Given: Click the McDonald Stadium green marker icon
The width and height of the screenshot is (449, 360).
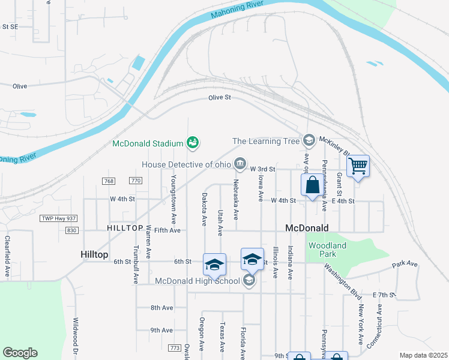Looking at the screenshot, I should click(x=193, y=143).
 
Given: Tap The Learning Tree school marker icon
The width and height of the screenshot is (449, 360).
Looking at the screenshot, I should click(x=309, y=140).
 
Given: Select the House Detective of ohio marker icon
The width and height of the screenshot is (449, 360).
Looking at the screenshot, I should click(x=240, y=163).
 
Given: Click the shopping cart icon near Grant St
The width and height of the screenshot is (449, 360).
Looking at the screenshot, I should click(x=358, y=165).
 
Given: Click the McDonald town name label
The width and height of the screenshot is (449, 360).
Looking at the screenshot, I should click(x=307, y=228).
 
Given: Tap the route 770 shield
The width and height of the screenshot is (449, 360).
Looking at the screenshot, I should click(x=136, y=181).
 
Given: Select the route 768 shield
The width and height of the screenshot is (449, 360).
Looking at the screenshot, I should click(x=109, y=181).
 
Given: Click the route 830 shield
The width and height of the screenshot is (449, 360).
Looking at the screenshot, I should click(x=72, y=230).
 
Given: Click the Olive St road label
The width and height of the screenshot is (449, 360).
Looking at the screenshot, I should click(x=220, y=97).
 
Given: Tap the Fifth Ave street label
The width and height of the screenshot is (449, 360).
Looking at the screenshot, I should click(x=167, y=230).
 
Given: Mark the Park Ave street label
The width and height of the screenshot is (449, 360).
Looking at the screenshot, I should click(x=405, y=264).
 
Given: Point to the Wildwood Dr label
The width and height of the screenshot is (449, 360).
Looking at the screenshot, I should click(x=76, y=339).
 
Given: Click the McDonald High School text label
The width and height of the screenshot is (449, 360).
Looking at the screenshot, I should click(x=197, y=281).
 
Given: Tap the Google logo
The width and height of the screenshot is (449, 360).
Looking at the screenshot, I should click(x=20, y=353).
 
